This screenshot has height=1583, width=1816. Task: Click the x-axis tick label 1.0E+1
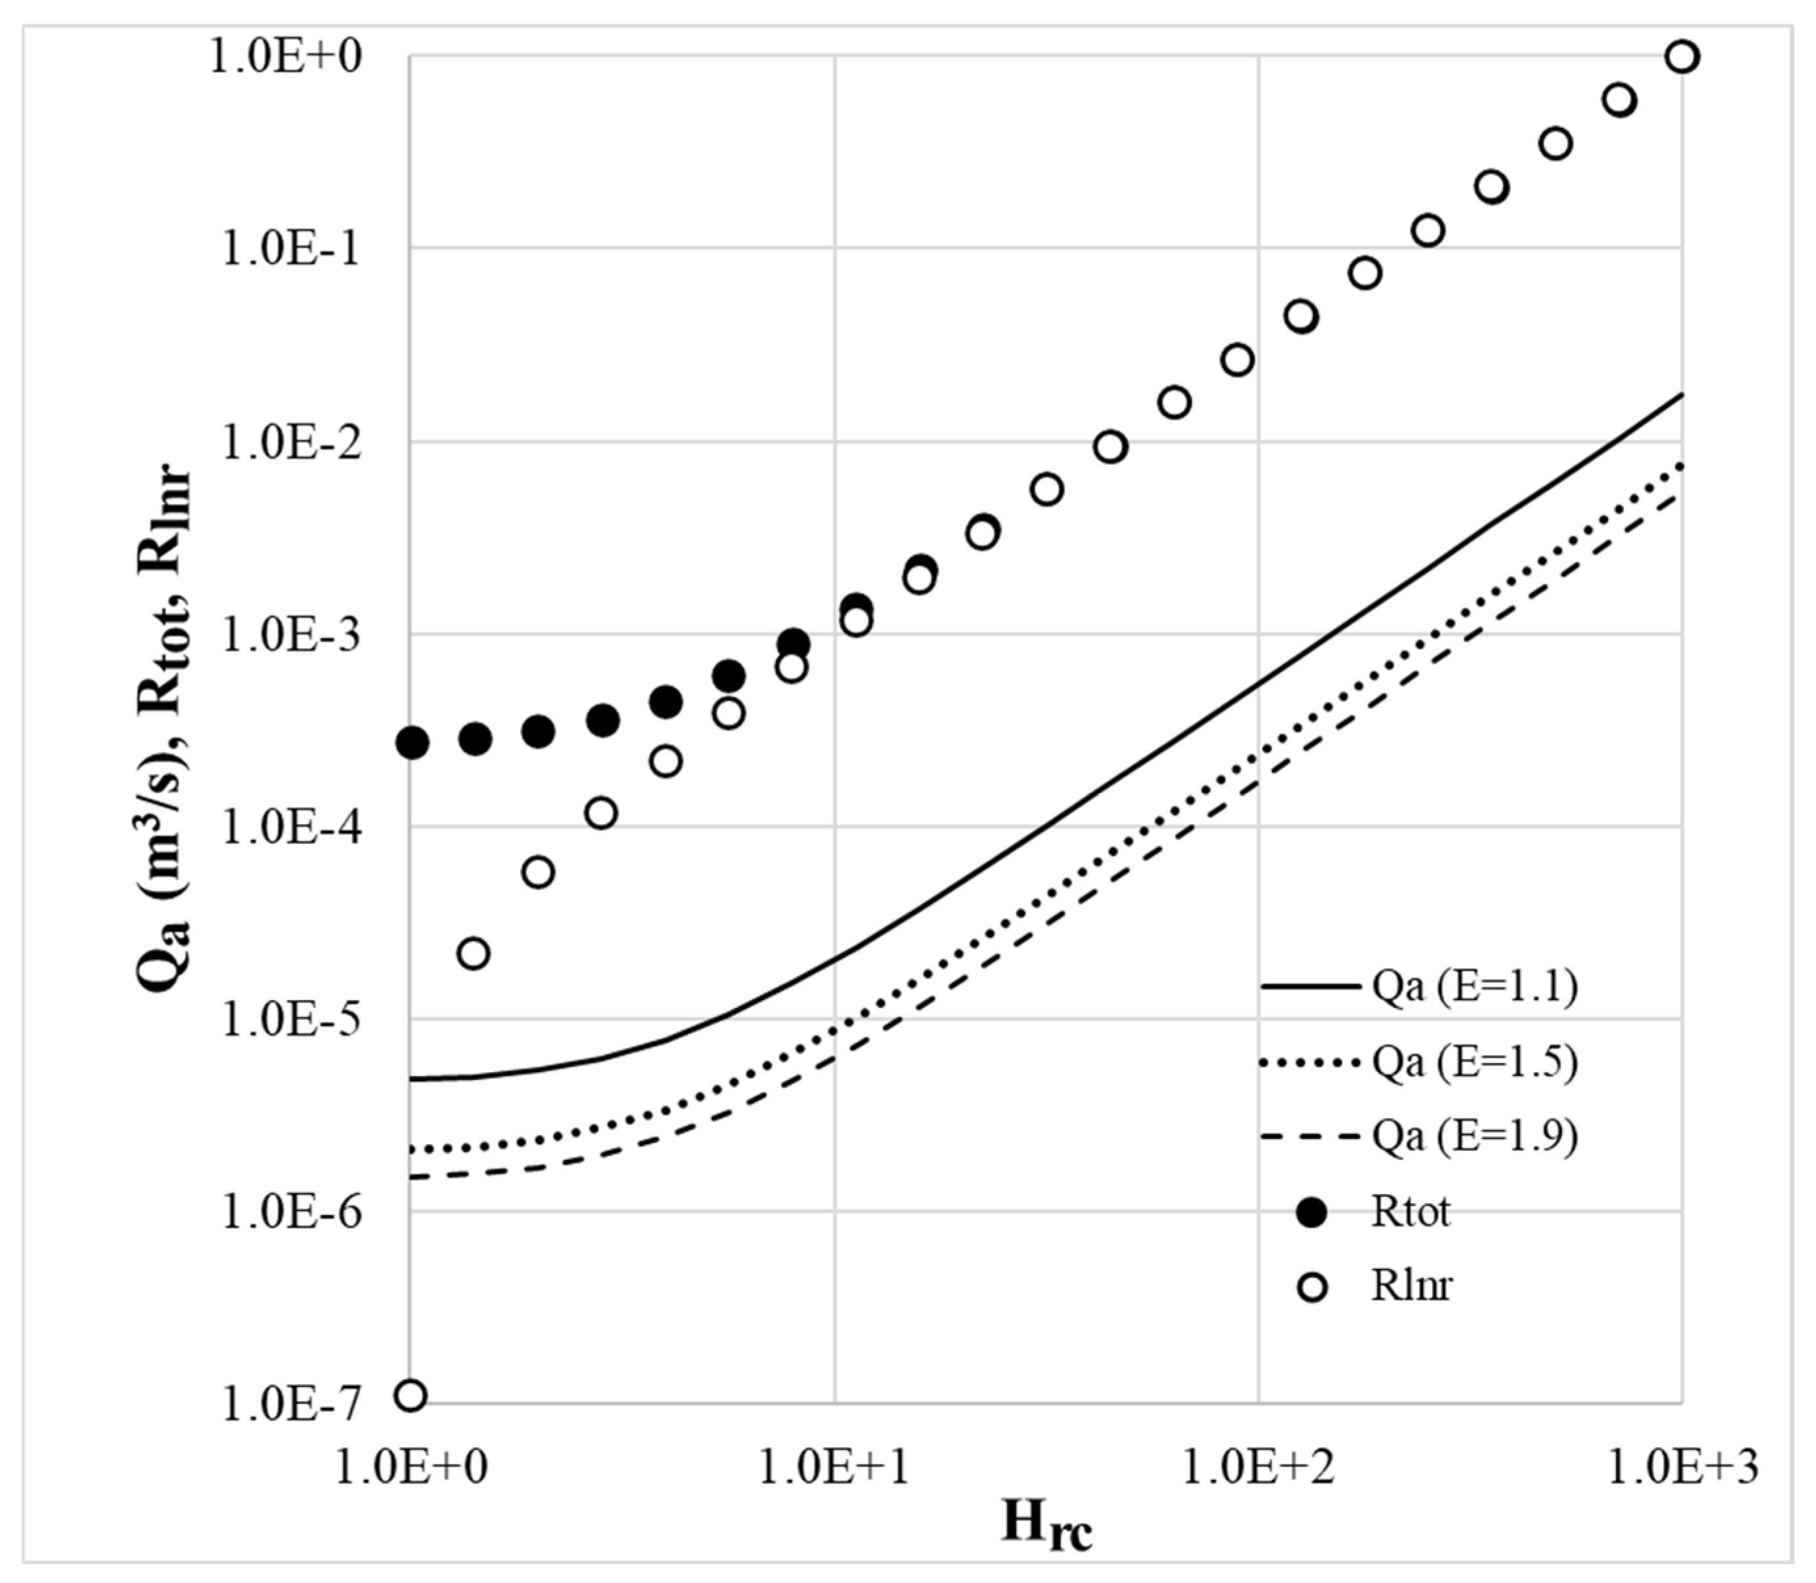click(835, 1468)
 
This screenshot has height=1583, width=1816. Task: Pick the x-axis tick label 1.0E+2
click(1258, 1468)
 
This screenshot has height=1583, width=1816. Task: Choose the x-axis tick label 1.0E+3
click(1681, 1468)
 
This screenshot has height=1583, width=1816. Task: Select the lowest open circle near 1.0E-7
click(411, 1395)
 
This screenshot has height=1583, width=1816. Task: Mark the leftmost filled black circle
click(413, 744)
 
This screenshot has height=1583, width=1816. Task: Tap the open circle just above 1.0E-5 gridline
click(474, 954)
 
